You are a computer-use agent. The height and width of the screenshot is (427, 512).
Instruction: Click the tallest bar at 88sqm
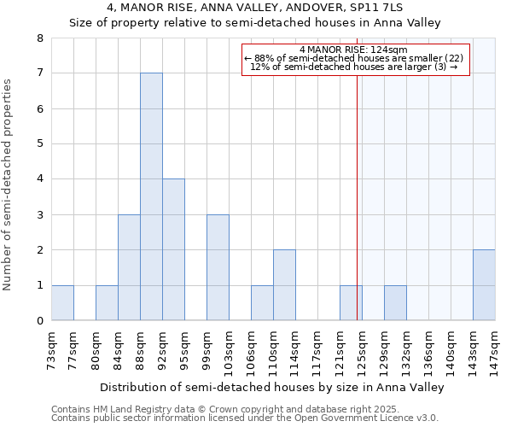click(x=151, y=196)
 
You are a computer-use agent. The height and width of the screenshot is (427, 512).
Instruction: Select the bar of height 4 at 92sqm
click(x=173, y=249)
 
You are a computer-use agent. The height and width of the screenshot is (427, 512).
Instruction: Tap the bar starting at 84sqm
click(x=129, y=267)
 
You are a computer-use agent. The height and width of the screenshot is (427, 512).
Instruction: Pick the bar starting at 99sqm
click(x=218, y=267)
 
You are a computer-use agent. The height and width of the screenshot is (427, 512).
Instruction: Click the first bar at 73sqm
click(x=62, y=303)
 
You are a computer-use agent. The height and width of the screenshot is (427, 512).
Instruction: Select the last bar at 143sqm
click(x=484, y=285)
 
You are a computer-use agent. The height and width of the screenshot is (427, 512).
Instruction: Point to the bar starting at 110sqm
click(x=284, y=285)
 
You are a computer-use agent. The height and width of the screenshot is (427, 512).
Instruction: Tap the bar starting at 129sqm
click(x=395, y=303)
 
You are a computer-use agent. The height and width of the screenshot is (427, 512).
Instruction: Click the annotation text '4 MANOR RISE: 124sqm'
click(x=354, y=50)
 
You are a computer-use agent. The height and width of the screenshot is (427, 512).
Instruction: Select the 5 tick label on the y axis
click(x=39, y=144)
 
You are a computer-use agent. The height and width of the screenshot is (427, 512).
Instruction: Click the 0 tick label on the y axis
click(x=39, y=321)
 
